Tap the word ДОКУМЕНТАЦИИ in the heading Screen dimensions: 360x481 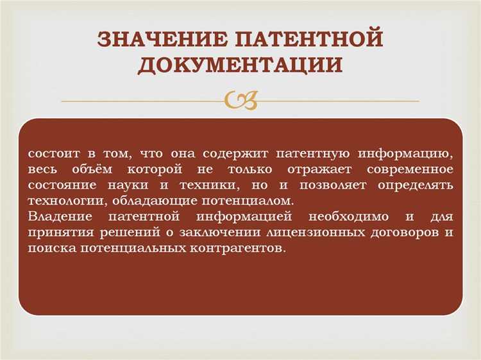(x=240, y=65)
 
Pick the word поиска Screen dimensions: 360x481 (x=52, y=247)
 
